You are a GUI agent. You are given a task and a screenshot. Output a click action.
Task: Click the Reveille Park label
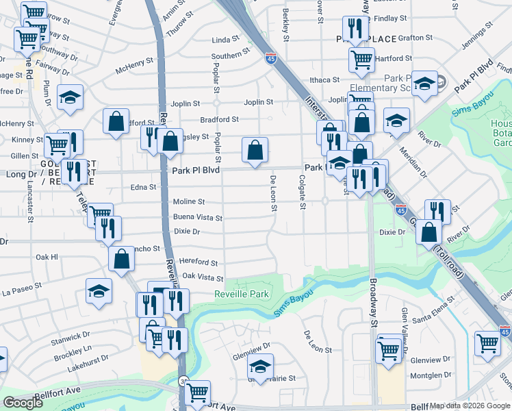[242, 294]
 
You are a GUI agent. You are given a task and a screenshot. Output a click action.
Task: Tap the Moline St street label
[189, 202]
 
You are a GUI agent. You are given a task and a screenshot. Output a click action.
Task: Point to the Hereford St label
[198, 262]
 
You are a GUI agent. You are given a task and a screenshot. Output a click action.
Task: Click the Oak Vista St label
[203, 277]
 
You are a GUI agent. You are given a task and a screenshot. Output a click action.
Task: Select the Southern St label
[230, 55]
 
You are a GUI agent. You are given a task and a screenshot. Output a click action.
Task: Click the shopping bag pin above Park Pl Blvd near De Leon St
[255, 150]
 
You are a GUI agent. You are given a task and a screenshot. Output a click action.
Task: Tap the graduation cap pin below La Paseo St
[99, 290]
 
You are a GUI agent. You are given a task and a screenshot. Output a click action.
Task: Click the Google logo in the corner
[23, 403]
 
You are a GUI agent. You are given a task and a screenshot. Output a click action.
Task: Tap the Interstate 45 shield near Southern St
[271, 60]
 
